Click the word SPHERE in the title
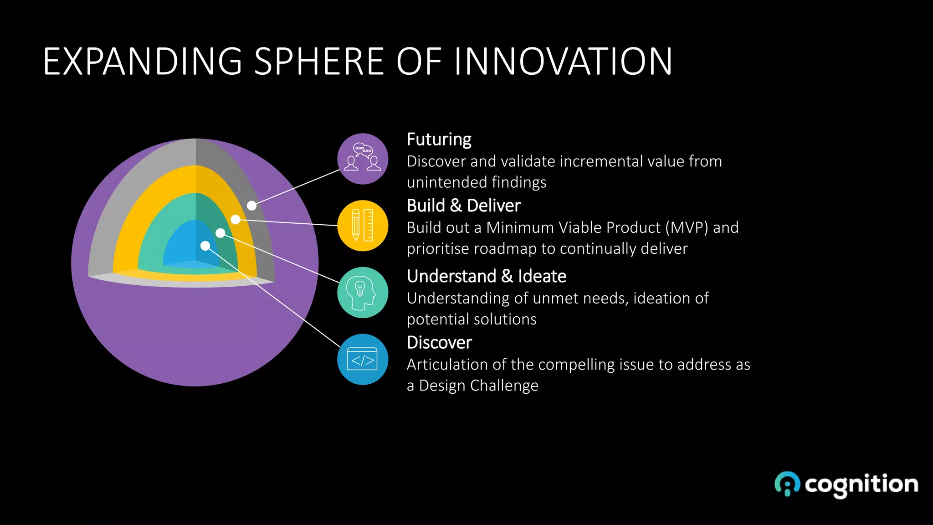[x=319, y=62]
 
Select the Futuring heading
[x=439, y=139]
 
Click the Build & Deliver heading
[x=463, y=206]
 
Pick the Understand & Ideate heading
[x=486, y=276]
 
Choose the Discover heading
[x=439, y=343]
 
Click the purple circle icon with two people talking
[x=363, y=159]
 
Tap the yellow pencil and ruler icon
[x=363, y=226]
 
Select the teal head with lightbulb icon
[x=363, y=293]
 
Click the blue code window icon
[x=363, y=360]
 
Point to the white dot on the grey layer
[x=251, y=206]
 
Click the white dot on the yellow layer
[x=236, y=220]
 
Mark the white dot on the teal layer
[x=220, y=233]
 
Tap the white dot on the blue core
[x=205, y=246]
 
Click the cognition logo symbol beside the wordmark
[x=787, y=484]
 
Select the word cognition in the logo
[x=861, y=484]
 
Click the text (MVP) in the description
[x=686, y=227]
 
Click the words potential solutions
[x=472, y=319]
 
